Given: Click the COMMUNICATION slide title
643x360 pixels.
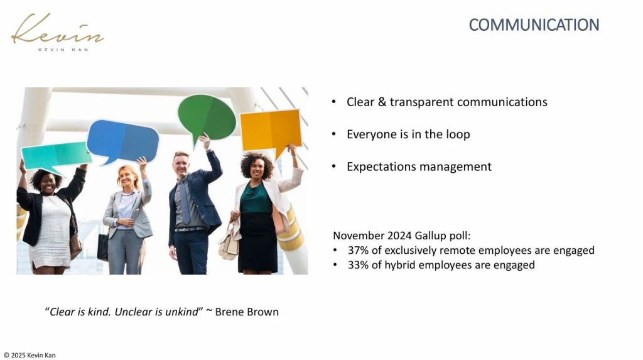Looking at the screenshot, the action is [534, 25].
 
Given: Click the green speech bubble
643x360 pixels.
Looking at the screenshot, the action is [207, 117].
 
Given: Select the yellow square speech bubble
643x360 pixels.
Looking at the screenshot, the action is [271, 131].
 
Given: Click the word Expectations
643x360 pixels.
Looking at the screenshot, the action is [381, 166].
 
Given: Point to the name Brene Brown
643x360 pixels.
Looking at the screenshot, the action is [247, 312].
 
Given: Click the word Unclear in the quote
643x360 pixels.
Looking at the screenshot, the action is [133, 312].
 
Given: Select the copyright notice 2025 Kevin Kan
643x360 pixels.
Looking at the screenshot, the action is [30, 356].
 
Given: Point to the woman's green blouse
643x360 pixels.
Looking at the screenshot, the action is [256, 199].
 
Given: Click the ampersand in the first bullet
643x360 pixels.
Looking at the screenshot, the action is [382, 102].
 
